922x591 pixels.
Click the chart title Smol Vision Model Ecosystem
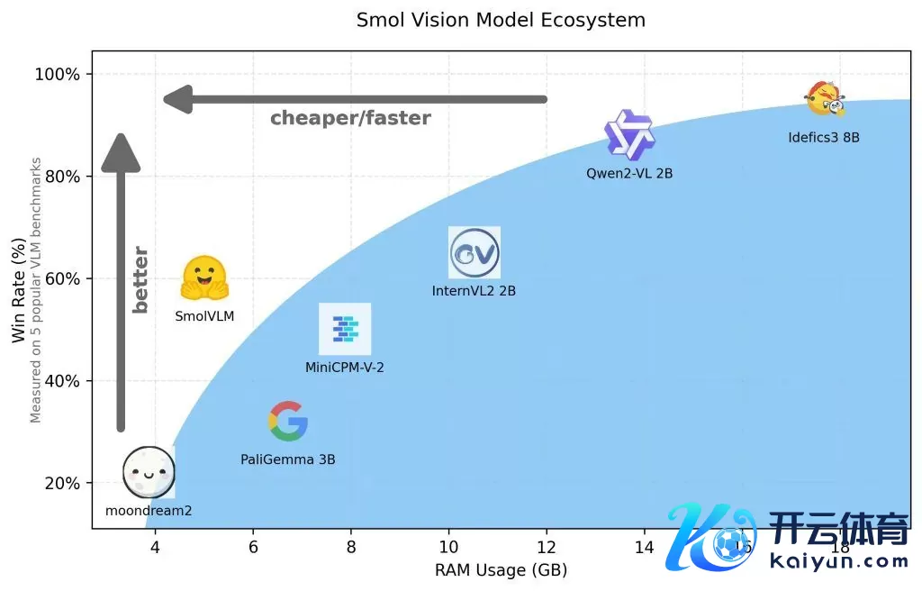(501, 20)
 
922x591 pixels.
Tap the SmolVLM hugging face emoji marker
(204, 277)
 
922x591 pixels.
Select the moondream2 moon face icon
(148, 470)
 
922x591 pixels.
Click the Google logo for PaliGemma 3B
(288, 421)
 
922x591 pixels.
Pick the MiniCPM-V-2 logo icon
(345, 329)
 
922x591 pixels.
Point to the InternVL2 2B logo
(475, 253)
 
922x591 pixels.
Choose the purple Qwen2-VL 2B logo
(629, 135)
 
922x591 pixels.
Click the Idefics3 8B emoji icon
(826, 99)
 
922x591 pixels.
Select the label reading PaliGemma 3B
(288, 459)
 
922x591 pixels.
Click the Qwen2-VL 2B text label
(629, 173)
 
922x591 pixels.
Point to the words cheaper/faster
(350, 118)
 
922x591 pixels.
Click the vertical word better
(140, 279)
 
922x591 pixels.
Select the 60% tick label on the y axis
(61, 278)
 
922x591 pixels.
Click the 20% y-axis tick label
(61, 483)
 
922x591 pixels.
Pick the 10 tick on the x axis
(448, 547)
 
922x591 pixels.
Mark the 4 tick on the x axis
(155, 547)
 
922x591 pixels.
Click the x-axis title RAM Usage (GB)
(501, 570)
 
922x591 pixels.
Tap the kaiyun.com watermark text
(839, 562)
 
